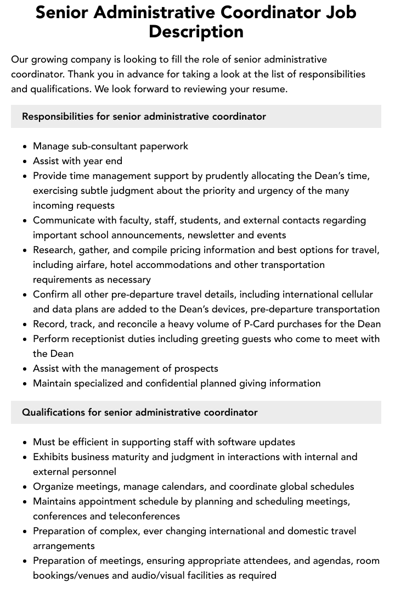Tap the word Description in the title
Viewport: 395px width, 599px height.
point(196,31)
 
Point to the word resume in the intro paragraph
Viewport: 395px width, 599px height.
point(268,89)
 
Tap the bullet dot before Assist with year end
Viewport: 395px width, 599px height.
point(25,161)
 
